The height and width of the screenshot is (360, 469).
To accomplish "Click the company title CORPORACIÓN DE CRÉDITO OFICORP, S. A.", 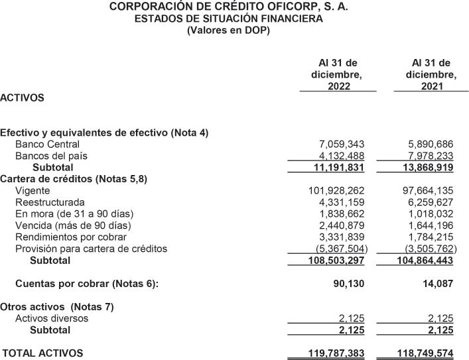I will point(229,7).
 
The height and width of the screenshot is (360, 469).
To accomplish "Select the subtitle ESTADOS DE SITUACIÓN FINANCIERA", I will point(229,19).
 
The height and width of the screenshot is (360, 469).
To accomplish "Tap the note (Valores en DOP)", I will point(229,30).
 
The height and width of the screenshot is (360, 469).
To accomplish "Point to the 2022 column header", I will point(338,75).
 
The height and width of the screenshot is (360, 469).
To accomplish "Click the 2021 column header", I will point(431,75).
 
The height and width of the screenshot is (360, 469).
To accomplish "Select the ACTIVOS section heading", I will point(23,97).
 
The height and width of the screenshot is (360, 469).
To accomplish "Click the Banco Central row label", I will point(47,144).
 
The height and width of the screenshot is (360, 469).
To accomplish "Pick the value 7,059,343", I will point(342,144).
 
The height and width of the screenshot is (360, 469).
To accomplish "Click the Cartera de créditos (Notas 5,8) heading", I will point(74,179).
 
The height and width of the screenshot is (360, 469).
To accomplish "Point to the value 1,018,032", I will point(431,213).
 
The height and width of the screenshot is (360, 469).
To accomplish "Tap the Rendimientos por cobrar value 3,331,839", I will point(342,237).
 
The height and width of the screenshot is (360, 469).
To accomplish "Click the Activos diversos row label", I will point(52,318).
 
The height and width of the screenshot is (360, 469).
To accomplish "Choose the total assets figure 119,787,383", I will point(337,353).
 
